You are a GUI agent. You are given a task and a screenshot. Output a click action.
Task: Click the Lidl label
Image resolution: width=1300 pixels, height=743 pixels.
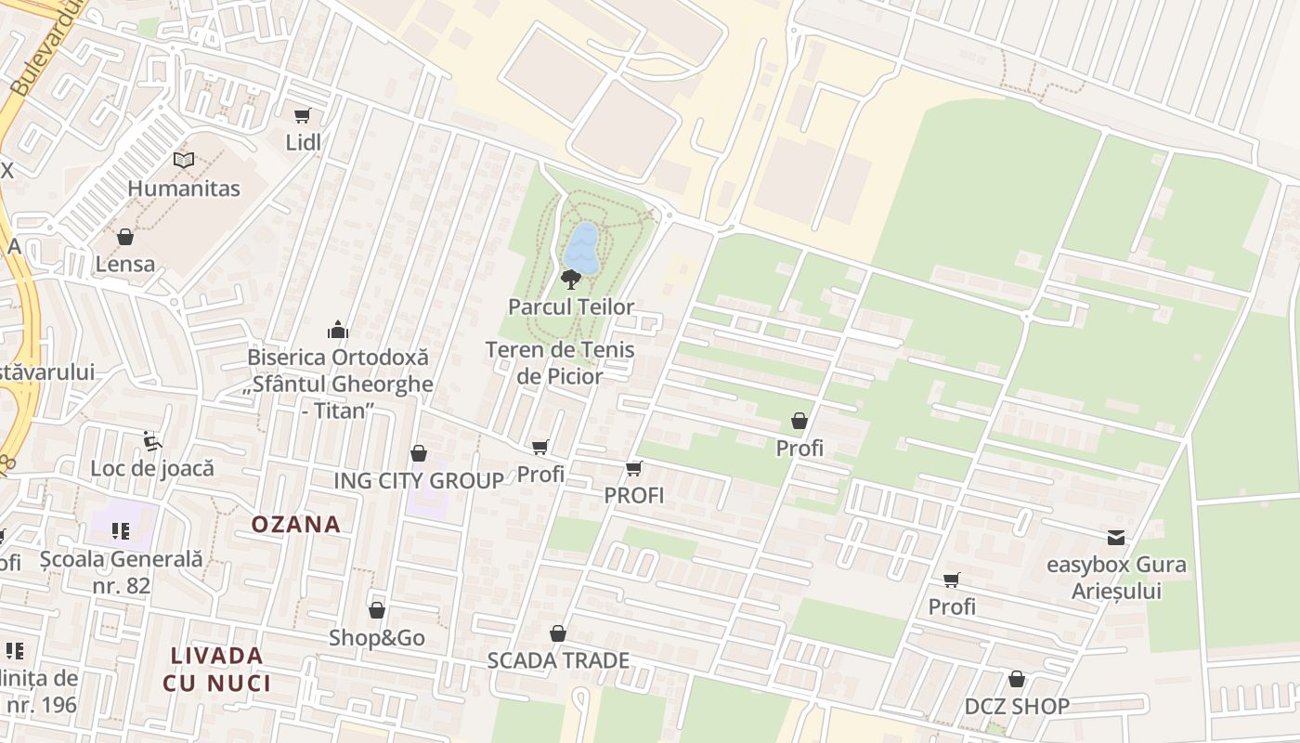303,142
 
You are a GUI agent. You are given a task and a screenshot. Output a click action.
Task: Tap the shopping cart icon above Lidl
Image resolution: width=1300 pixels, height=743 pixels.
302,116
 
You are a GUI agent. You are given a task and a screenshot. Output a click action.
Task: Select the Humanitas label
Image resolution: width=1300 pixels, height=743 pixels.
184,189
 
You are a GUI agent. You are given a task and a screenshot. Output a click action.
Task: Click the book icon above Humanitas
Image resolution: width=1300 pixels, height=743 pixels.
184,161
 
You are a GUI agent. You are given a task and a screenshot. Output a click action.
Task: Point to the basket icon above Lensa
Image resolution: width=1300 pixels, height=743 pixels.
125,237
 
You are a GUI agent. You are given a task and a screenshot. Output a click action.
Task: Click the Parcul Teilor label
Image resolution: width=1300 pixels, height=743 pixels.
571,306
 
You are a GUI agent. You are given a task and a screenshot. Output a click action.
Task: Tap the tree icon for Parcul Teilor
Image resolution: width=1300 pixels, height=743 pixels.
571,279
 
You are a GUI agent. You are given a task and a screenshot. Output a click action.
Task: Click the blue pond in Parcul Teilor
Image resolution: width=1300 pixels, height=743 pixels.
582,248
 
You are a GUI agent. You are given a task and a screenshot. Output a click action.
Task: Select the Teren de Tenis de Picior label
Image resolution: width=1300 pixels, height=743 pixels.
560,363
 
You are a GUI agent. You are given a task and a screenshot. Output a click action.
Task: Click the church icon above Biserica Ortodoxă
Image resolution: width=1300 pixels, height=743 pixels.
337,330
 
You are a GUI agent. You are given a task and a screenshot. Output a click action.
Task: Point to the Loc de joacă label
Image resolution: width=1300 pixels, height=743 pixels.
152,467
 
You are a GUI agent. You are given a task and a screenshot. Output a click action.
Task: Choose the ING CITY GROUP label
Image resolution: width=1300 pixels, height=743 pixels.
419,480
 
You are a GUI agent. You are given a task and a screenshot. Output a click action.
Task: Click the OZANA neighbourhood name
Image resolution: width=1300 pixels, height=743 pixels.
296,524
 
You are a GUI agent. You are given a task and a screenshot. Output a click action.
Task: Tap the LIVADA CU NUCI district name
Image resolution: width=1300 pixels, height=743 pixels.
217,669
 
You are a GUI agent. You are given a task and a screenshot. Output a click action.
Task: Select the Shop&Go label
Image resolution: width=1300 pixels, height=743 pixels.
377,638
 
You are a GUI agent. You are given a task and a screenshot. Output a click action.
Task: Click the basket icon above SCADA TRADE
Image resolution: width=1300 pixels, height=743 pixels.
558,633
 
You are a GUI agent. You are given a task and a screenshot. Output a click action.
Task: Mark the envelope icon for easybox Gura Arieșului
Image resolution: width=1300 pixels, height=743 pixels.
1115,538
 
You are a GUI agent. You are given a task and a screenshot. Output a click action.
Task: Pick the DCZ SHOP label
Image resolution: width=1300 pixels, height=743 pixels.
1017,706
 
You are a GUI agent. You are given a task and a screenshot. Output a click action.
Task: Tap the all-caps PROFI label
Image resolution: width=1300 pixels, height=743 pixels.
634,495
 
